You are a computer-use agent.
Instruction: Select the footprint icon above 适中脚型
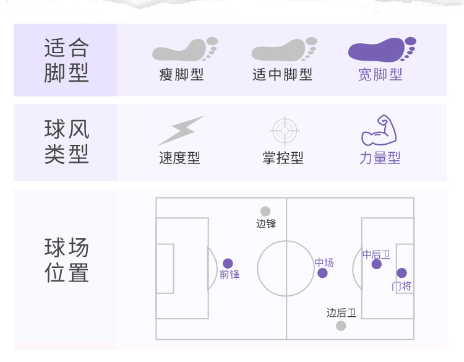[281, 50]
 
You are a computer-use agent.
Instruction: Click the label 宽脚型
[380, 75]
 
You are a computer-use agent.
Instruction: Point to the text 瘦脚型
[181, 75]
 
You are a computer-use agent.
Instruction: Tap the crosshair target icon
[285, 131]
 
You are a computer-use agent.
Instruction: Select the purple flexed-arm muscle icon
[379, 130]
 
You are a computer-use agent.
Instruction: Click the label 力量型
[380, 158]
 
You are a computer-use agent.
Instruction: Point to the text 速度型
[179, 158]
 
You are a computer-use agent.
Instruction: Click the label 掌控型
[283, 158]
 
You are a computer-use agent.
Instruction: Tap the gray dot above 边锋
[265, 212]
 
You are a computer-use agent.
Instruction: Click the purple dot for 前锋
[228, 264]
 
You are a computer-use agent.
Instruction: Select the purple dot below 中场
[322, 273]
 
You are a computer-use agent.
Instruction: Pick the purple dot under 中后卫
[376, 264]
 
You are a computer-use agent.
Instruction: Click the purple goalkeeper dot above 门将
[402, 273]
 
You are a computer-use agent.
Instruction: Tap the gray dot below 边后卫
[341, 325]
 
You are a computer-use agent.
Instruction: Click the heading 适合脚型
[66, 60]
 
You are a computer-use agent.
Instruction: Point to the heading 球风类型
[66, 142]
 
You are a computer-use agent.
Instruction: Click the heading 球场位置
[66, 261]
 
